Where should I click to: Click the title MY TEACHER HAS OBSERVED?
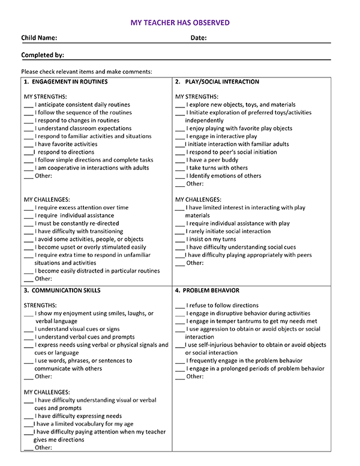tap(180, 23)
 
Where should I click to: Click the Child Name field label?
tap(39, 38)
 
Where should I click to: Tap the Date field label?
tap(199, 38)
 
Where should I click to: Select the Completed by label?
tap(43, 55)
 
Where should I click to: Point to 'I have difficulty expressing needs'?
tap(78, 416)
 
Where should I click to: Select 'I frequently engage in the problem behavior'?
tap(244, 361)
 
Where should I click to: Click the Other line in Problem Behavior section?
tap(194, 377)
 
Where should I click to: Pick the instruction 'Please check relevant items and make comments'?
tap(86, 71)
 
